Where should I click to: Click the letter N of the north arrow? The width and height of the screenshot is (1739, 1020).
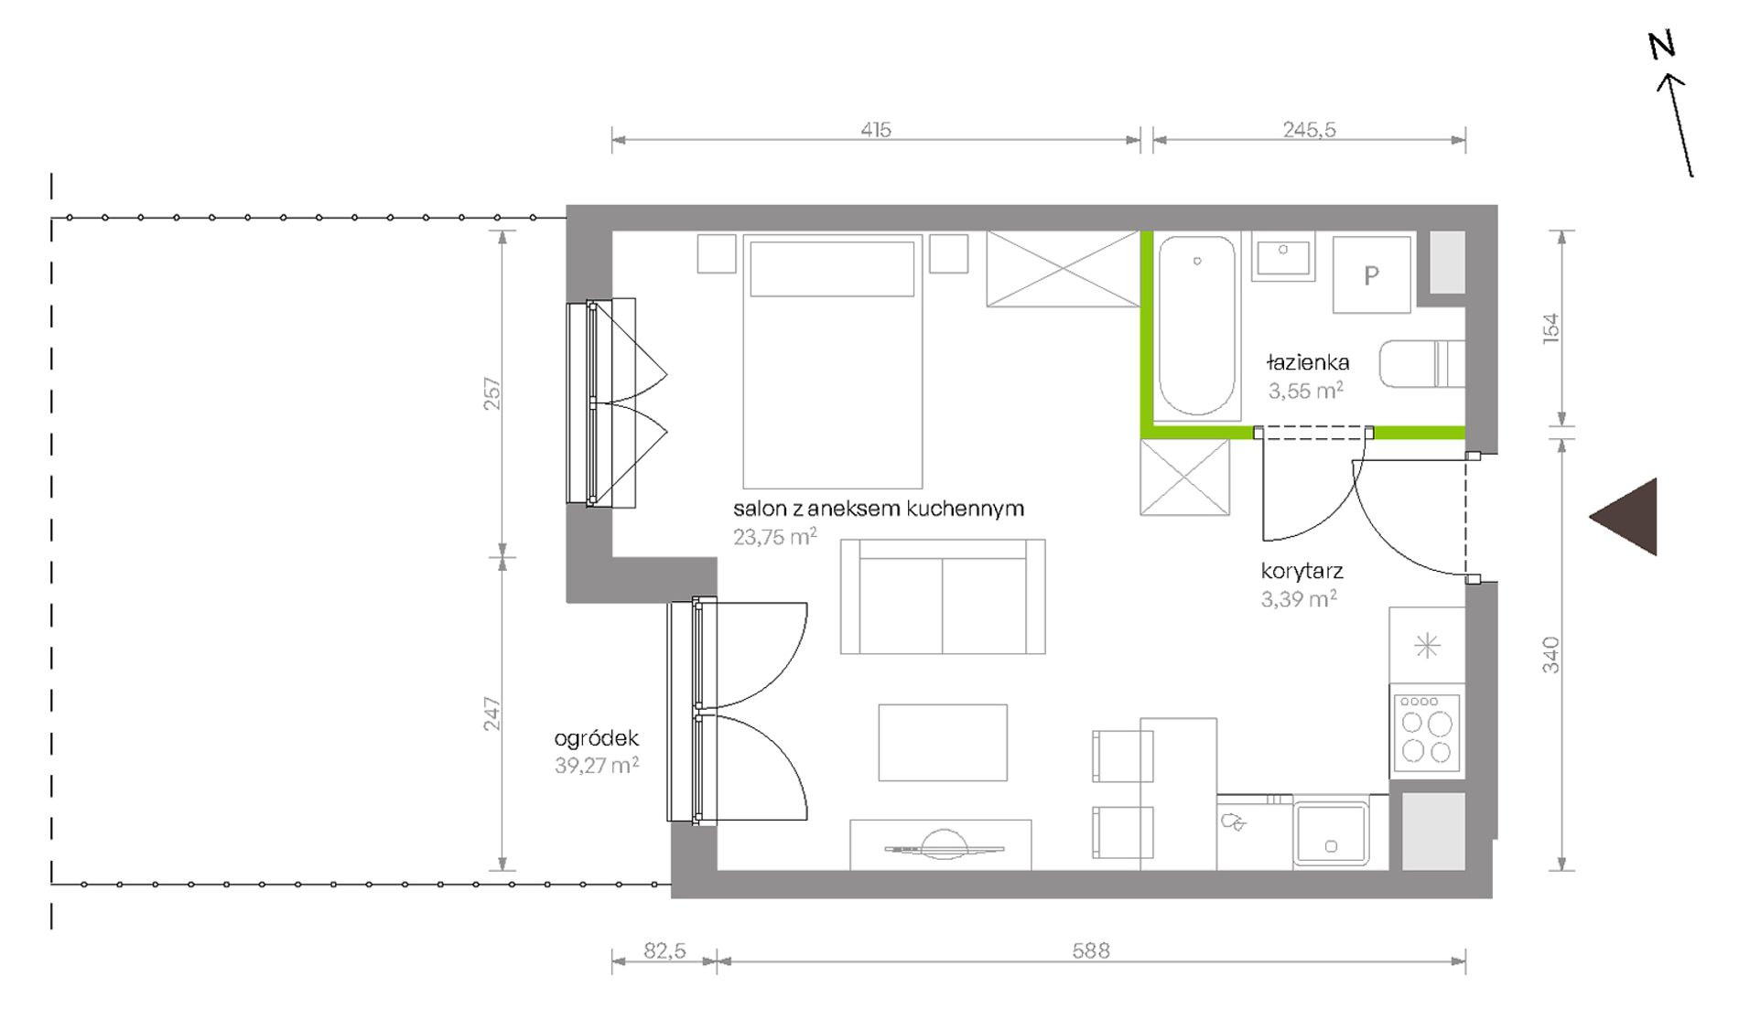tap(1662, 45)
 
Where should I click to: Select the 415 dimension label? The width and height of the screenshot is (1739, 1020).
tap(876, 130)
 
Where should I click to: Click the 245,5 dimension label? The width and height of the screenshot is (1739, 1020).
tap(1309, 130)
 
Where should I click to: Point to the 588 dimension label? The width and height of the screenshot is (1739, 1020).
tap(1091, 951)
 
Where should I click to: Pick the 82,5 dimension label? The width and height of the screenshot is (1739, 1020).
tap(664, 951)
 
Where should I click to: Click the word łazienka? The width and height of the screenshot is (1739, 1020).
tap(1308, 362)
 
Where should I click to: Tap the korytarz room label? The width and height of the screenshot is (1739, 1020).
tap(1302, 572)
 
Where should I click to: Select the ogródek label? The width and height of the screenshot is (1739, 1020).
tap(596, 738)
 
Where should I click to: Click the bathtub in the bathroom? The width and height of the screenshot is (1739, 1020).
tap(1197, 326)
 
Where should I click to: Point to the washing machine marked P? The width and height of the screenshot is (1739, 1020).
tap(1371, 274)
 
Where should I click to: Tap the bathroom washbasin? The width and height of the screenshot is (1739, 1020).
tap(1283, 257)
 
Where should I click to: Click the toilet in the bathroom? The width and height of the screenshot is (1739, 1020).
tap(1422, 364)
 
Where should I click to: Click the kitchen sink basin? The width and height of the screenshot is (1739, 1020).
tap(1331, 832)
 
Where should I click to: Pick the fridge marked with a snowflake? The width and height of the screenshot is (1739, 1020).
tap(1427, 646)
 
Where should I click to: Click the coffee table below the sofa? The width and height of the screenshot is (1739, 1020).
tap(943, 743)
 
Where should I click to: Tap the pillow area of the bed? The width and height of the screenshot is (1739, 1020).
tap(832, 269)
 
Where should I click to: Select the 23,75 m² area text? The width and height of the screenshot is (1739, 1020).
tap(774, 537)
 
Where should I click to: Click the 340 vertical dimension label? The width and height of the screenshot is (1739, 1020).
tap(1550, 655)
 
